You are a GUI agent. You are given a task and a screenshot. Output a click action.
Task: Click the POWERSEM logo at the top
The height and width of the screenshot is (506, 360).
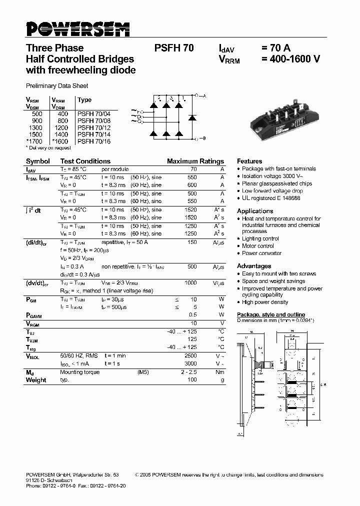77,29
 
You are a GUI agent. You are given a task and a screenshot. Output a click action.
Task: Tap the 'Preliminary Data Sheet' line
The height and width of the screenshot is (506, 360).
57,86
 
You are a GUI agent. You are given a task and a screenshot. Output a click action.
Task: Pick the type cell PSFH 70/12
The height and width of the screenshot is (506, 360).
94,127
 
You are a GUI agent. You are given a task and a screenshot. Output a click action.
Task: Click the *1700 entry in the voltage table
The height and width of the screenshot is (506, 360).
34,141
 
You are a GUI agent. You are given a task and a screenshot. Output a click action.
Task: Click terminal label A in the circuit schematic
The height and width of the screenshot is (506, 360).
204,95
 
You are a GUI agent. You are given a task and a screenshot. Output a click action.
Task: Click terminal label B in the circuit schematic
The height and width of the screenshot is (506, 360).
204,138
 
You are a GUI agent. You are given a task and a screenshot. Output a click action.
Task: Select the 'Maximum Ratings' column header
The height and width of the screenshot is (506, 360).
195,161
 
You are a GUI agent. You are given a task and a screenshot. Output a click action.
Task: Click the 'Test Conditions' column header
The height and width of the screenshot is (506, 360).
85,161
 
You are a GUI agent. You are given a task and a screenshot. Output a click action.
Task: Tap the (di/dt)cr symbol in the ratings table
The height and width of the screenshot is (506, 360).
36,242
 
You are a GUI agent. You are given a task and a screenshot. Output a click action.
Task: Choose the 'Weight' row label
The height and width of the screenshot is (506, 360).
36,380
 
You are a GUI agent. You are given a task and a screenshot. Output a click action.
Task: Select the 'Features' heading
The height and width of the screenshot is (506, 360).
249,161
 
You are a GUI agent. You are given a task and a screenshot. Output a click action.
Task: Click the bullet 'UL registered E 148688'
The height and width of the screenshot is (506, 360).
271,198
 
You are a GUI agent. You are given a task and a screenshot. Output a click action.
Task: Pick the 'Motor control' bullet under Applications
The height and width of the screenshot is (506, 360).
258,246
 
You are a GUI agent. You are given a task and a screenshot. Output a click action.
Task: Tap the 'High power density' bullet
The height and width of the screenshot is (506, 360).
265,302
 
